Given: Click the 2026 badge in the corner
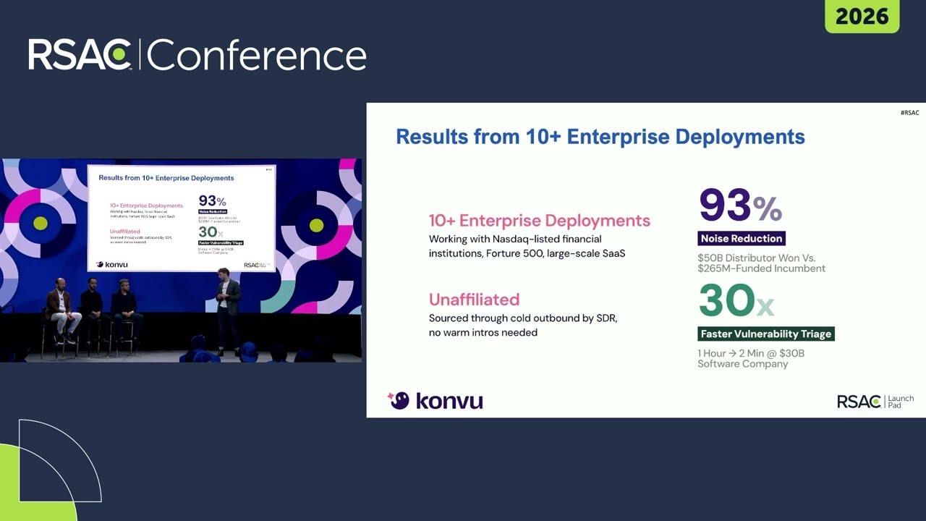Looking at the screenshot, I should (862, 16).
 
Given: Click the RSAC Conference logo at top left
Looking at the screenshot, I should (197, 55).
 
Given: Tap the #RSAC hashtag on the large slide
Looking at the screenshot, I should (910, 113).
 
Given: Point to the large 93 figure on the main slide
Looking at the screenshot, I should (725, 206).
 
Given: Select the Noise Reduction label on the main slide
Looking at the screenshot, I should (742, 239).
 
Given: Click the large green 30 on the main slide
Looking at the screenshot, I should (726, 300).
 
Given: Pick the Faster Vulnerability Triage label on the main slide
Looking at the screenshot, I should (766, 334).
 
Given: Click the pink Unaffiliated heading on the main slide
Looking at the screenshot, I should (474, 300).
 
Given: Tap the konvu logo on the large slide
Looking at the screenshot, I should (436, 401).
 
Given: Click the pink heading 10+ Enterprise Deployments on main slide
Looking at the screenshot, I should (539, 221).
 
